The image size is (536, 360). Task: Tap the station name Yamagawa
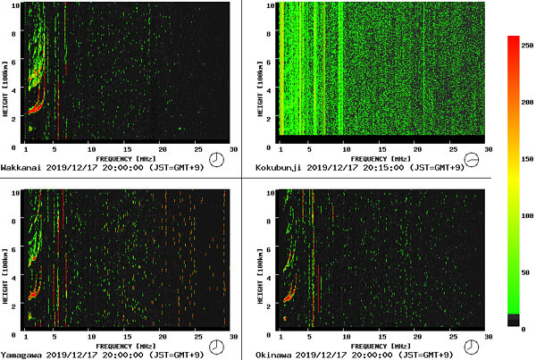(x=19, y=355)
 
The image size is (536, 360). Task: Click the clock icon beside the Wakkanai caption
(x=217, y=160)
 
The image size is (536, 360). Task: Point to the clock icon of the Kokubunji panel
(x=473, y=160)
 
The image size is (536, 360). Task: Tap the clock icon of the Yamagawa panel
(x=217, y=347)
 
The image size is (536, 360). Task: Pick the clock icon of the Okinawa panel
(x=473, y=347)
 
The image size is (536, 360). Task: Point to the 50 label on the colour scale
(x=528, y=272)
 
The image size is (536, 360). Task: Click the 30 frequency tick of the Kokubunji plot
(x=487, y=149)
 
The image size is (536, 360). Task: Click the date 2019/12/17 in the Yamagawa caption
(x=71, y=355)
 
